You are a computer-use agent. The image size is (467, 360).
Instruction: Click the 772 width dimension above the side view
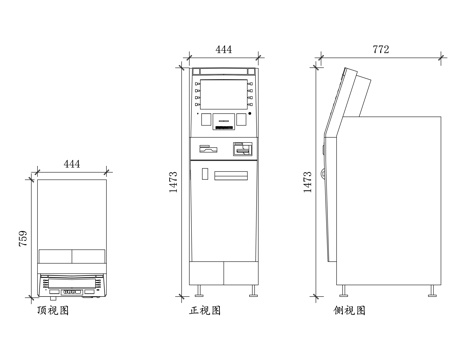click(381, 49)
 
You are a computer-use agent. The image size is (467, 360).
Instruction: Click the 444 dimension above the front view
click(225, 49)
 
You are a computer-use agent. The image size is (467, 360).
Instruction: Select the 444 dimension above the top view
click(72, 163)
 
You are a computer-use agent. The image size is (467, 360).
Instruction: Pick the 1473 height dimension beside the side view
click(307, 183)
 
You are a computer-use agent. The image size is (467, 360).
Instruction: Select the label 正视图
click(205, 311)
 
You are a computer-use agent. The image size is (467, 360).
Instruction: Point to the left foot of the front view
click(200, 292)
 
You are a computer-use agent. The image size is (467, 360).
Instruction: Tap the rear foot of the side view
click(431, 292)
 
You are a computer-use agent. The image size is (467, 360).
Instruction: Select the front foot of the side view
click(345, 292)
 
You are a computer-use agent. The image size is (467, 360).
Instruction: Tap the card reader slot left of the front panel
click(208, 150)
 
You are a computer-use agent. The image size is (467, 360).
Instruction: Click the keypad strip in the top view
click(71, 292)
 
